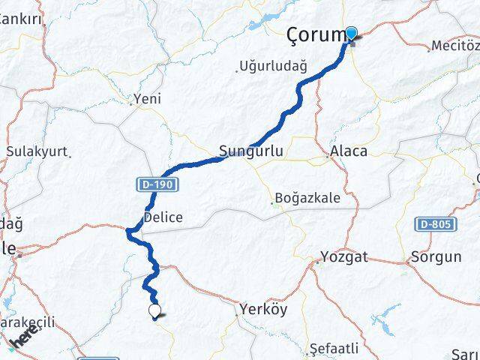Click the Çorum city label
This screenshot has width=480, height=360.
(314, 35)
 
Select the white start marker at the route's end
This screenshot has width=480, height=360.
(154, 310)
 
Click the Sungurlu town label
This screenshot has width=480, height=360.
(250, 151)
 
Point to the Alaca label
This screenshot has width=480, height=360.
(349, 151)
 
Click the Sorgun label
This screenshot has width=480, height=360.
(436, 256)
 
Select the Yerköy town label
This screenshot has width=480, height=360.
(263, 307)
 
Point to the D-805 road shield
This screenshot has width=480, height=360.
(433, 223)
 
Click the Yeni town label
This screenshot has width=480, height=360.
(147, 98)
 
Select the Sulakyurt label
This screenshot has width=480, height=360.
(37, 151)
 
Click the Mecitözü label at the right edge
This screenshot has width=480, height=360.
(456, 46)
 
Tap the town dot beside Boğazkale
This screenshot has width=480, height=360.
(272, 201)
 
